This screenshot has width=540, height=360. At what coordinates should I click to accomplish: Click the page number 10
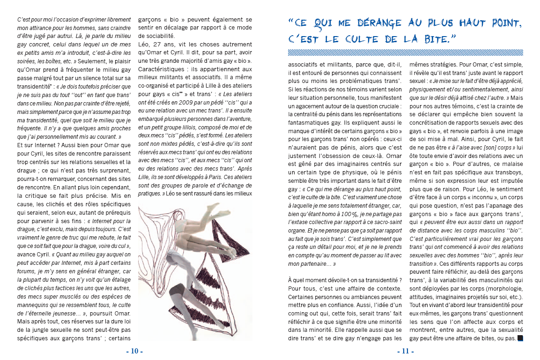[x=134, y=351]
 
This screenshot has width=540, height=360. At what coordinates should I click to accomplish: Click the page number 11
[x=406, y=351]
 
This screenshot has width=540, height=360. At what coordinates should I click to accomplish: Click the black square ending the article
[x=520, y=338]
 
